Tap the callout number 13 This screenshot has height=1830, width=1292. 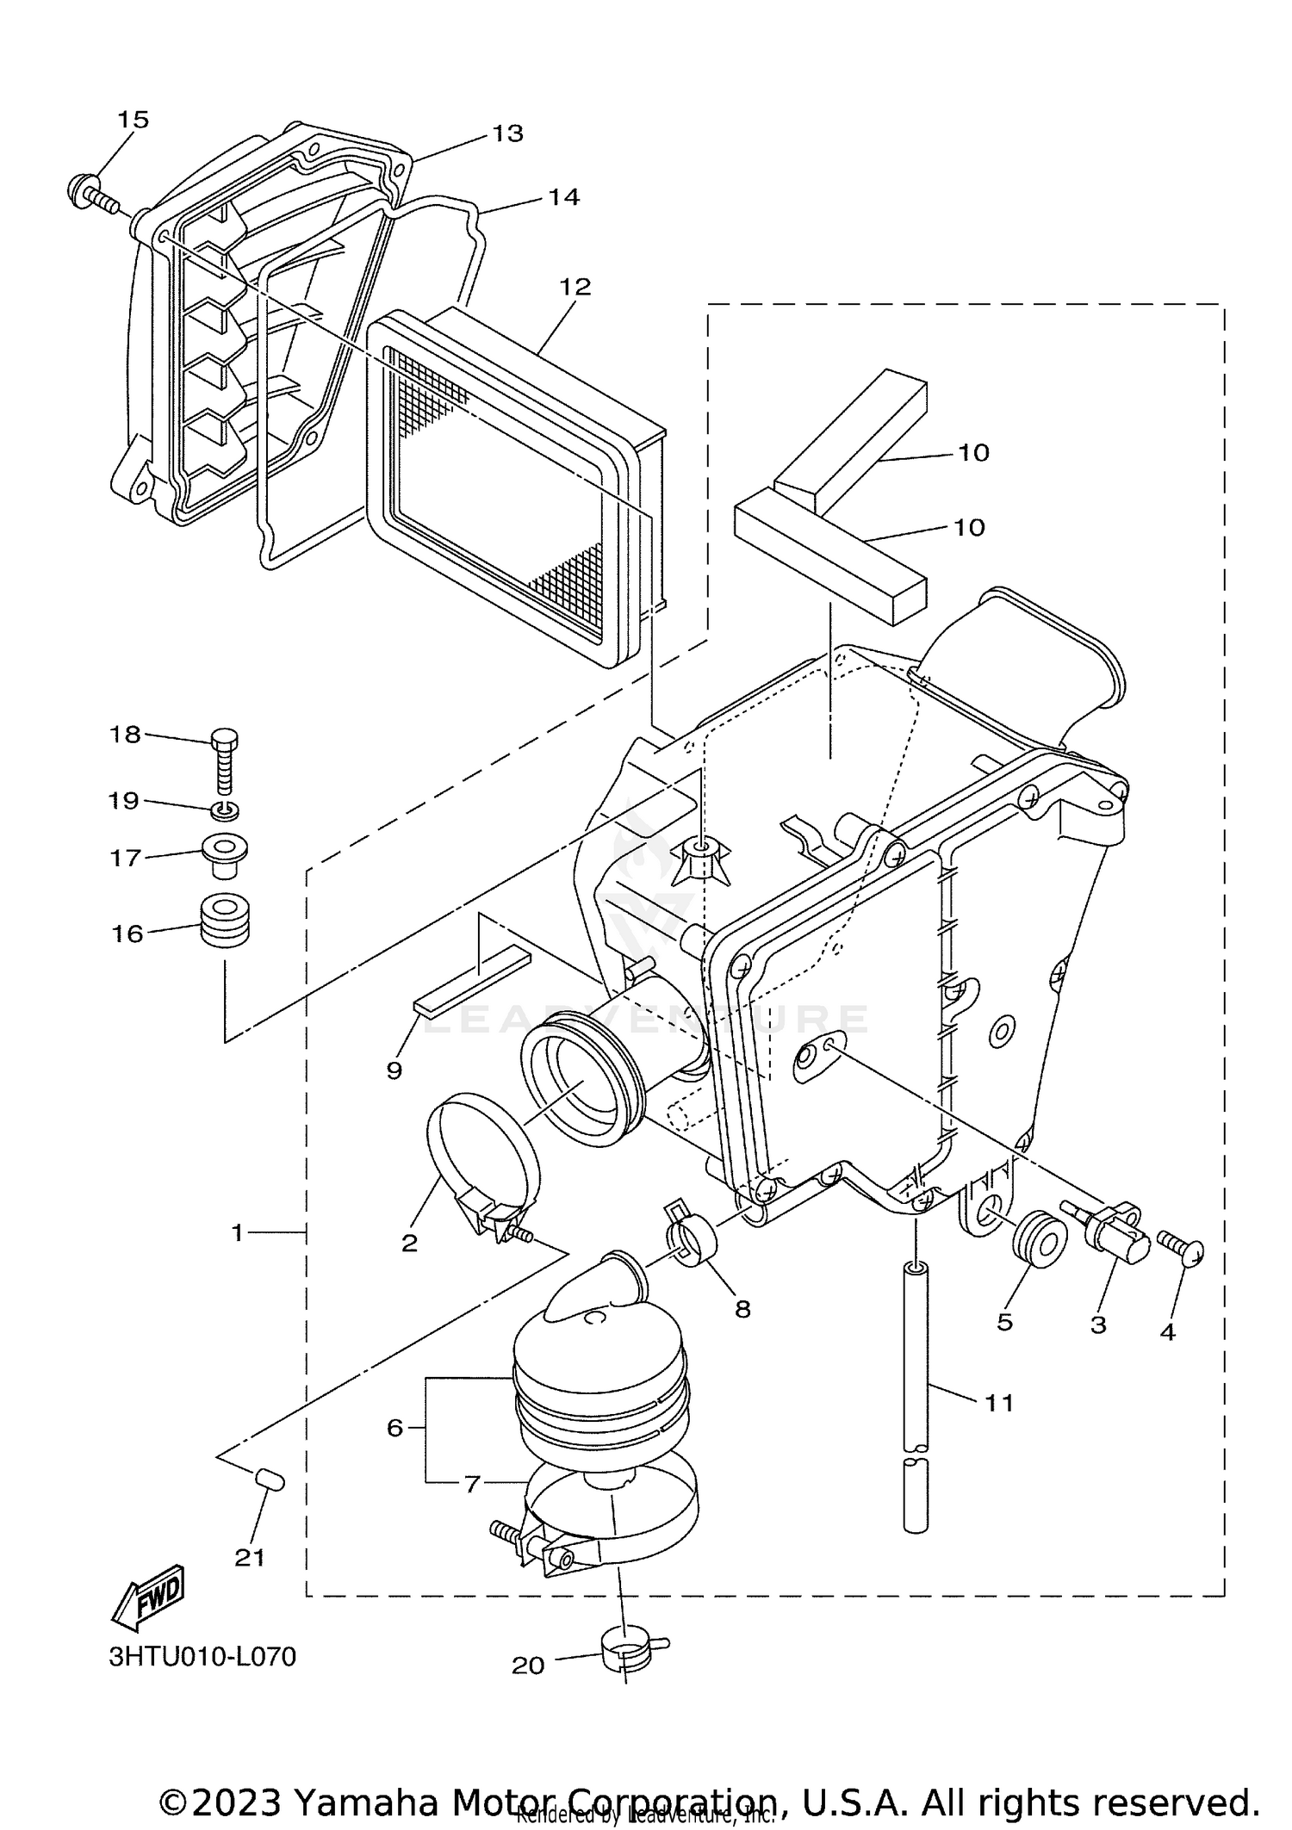(507, 133)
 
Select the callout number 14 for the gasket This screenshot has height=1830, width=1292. (563, 197)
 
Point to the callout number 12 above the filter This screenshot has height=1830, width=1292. (575, 287)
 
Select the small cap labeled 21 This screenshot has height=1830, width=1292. (270, 1480)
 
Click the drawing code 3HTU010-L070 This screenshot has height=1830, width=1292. (202, 1656)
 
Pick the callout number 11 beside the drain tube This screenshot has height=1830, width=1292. (998, 1403)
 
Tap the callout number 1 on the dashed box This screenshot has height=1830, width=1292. (238, 1233)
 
